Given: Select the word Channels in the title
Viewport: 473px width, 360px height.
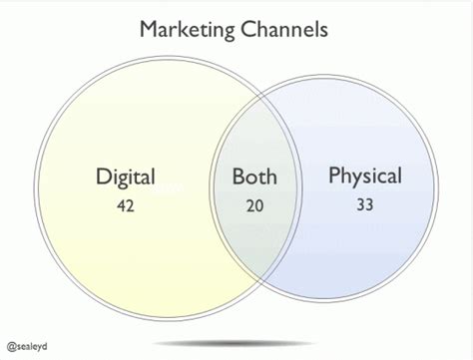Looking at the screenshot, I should pyautogui.click(x=289, y=30).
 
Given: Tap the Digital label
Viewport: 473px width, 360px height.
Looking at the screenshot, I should pyautogui.click(x=126, y=179).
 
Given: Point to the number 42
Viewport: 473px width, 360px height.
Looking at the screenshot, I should pyautogui.click(x=125, y=206).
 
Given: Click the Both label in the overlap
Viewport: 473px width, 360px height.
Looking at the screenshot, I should pyautogui.click(x=254, y=179).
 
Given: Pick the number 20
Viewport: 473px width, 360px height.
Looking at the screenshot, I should pyautogui.click(x=256, y=206).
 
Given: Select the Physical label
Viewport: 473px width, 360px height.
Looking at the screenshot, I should pyautogui.click(x=365, y=178).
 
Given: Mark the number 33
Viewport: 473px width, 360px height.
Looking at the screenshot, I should pyautogui.click(x=364, y=205).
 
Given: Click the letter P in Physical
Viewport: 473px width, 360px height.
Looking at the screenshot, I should pyautogui.click(x=335, y=177).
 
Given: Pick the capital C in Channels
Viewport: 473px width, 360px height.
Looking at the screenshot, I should pyautogui.click(x=249, y=30).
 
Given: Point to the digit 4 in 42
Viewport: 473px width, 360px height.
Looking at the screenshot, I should pyautogui.click(x=120, y=206).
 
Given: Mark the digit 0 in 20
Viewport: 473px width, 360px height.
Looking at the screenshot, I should pyautogui.click(x=261, y=206).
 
